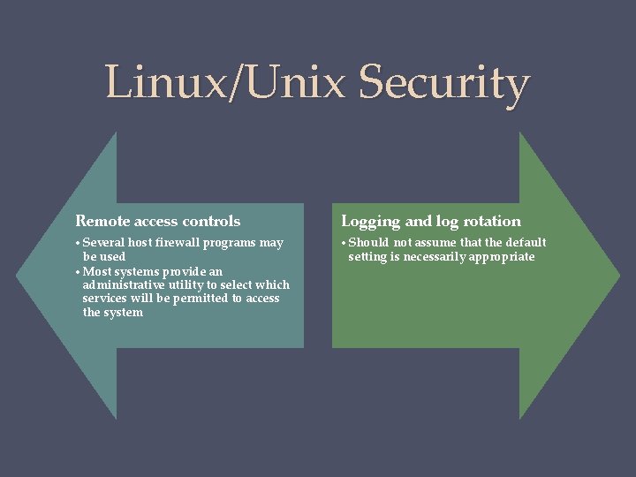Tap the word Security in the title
445,83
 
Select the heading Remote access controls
158,221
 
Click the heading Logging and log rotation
431,221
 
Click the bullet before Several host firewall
79,243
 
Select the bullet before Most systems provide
79,271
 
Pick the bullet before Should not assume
344,243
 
